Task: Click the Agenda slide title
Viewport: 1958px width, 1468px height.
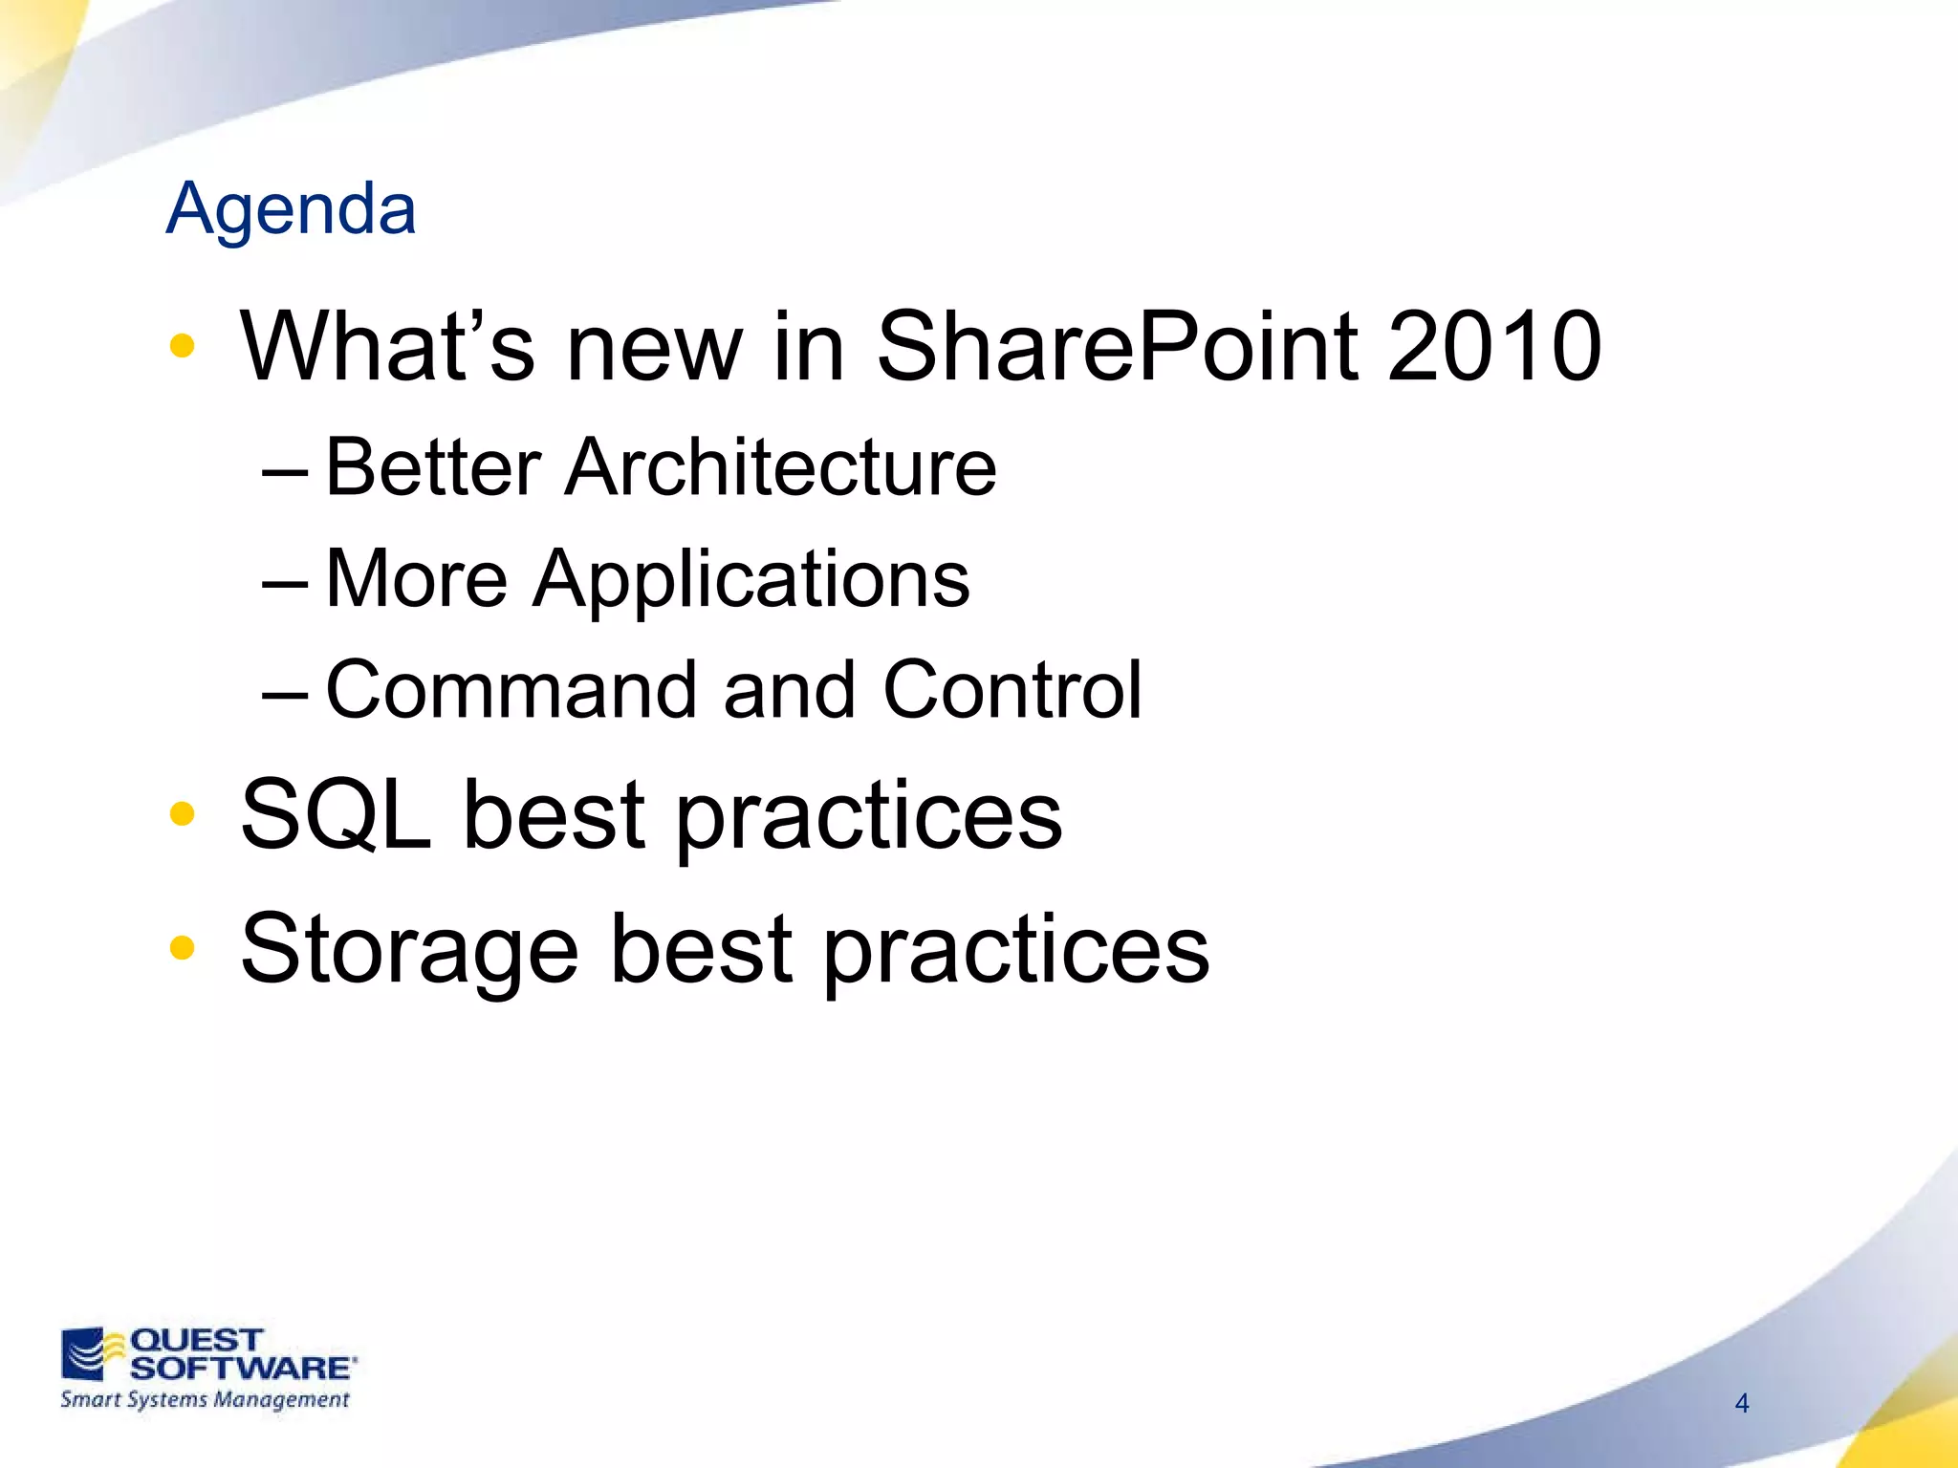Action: pyautogui.click(x=291, y=208)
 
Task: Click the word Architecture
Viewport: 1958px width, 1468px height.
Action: pyautogui.click(x=780, y=468)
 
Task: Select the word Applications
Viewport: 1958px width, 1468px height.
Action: pyautogui.click(x=751, y=580)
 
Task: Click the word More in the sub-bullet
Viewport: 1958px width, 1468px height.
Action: pyautogui.click(x=417, y=579)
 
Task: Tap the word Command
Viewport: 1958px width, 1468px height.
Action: pyautogui.click(x=511, y=690)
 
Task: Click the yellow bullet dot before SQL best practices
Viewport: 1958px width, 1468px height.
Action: pyautogui.click(x=182, y=814)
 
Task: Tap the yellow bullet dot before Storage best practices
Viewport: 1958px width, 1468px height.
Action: pyautogui.click(x=182, y=948)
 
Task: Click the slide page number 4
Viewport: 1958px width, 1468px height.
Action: pyautogui.click(x=1742, y=1403)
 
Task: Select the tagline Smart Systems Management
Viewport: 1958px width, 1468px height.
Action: pyautogui.click(x=205, y=1400)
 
